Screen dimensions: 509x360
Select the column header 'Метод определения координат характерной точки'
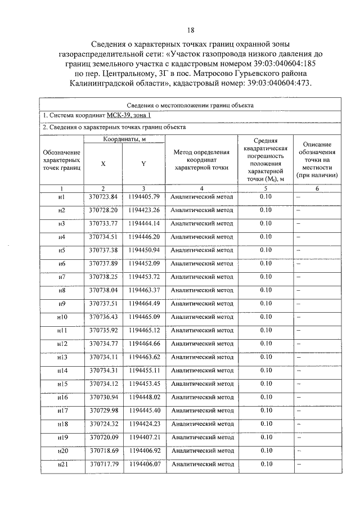click(x=201, y=160)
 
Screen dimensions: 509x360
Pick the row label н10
click(x=62, y=317)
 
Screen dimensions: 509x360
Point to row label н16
click(x=62, y=398)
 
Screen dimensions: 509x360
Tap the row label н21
click(x=62, y=465)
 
